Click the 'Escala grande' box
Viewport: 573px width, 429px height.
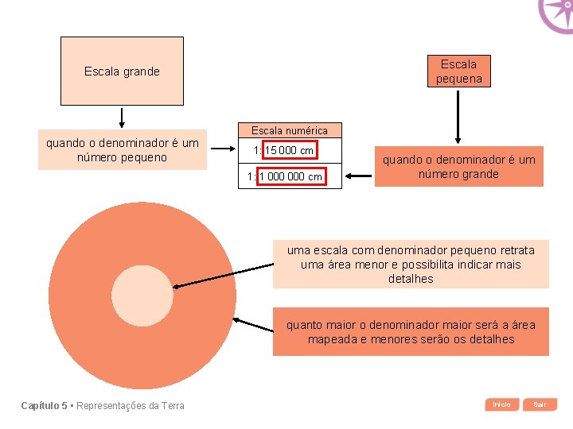[x=122, y=71]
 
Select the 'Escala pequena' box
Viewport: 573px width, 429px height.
[x=458, y=71]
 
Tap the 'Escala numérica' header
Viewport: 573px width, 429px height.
[x=289, y=130]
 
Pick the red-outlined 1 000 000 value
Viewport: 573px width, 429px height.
[x=291, y=176]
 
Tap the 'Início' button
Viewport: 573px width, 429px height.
[x=501, y=404]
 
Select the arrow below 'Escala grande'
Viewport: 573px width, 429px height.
[x=122, y=118]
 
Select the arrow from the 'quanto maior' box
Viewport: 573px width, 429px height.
[x=253, y=325]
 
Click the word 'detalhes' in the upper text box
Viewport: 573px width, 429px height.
[x=411, y=279]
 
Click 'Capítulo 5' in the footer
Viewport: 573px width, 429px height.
[x=45, y=406]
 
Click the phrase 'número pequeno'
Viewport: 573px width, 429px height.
[x=122, y=157]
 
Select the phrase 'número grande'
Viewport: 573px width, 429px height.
[x=458, y=174]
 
